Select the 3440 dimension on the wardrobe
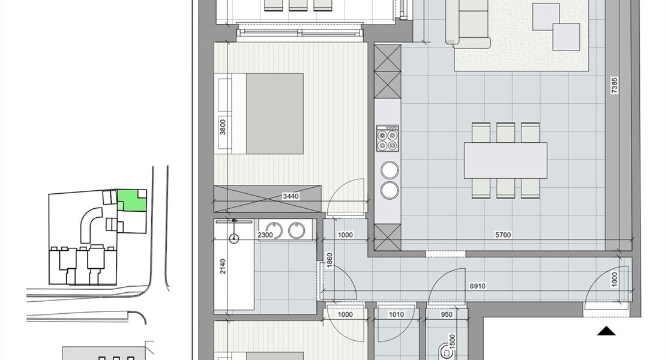290,196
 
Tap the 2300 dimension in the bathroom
266,235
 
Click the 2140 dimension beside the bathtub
223,266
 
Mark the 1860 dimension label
329,260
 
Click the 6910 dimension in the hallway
478,287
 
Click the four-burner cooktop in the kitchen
387,139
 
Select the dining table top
505,160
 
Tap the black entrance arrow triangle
607,331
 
